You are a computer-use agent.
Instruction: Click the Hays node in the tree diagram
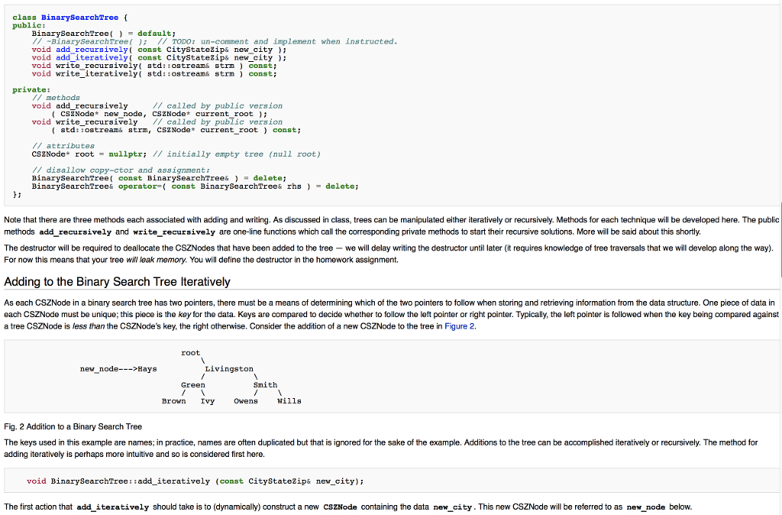tap(147, 369)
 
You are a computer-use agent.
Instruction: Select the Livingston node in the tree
tap(229, 369)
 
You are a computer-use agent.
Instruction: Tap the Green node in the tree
tap(192, 385)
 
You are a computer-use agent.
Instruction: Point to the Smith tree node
tap(265, 385)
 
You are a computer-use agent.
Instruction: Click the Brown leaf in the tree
tap(173, 401)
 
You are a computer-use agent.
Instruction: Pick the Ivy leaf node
tap(207, 401)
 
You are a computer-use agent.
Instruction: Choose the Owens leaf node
tap(245, 401)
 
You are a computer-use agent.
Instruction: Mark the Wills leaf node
tap(289, 401)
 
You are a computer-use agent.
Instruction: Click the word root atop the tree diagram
tap(190, 353)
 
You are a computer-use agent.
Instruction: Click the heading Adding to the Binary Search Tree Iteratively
tap(117, 282)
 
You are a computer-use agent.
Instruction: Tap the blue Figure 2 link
tap(460, 326)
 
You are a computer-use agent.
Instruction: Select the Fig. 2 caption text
tap(73, 426)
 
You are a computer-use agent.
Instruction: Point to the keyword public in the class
tap(25, 25)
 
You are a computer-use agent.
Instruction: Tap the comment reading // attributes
tap(63, 145)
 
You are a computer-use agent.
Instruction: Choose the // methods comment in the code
tap(56, 98)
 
